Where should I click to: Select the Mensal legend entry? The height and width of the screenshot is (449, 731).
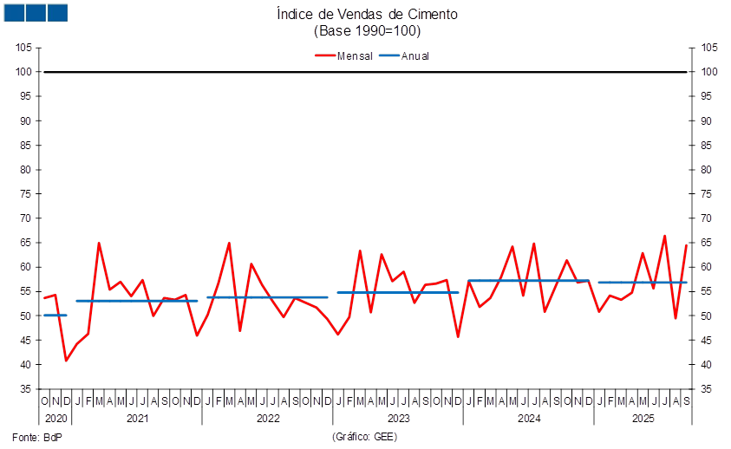click(344, 55)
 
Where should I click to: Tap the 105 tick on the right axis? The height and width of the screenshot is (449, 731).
click(709, 48)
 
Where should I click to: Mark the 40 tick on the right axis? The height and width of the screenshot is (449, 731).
click(709, 365)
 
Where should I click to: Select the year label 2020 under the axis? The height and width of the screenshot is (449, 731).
click(55, 419)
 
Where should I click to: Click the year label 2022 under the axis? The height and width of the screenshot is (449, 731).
click(267, 419)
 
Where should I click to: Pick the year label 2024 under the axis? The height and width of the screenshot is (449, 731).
click(528, 419)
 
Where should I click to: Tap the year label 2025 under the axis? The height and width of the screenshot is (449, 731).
click(643, 419)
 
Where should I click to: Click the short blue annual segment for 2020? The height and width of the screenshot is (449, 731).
click(55, 316)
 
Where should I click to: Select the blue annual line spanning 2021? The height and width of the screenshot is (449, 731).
click(137, 301)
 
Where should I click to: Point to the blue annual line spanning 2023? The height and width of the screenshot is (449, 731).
click(398, 292)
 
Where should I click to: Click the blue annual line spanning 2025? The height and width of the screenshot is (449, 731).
click(643, 283)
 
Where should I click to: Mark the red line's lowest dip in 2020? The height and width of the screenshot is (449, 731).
click(66, 360)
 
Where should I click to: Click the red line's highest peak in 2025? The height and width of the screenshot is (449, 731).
click(665, 236)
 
